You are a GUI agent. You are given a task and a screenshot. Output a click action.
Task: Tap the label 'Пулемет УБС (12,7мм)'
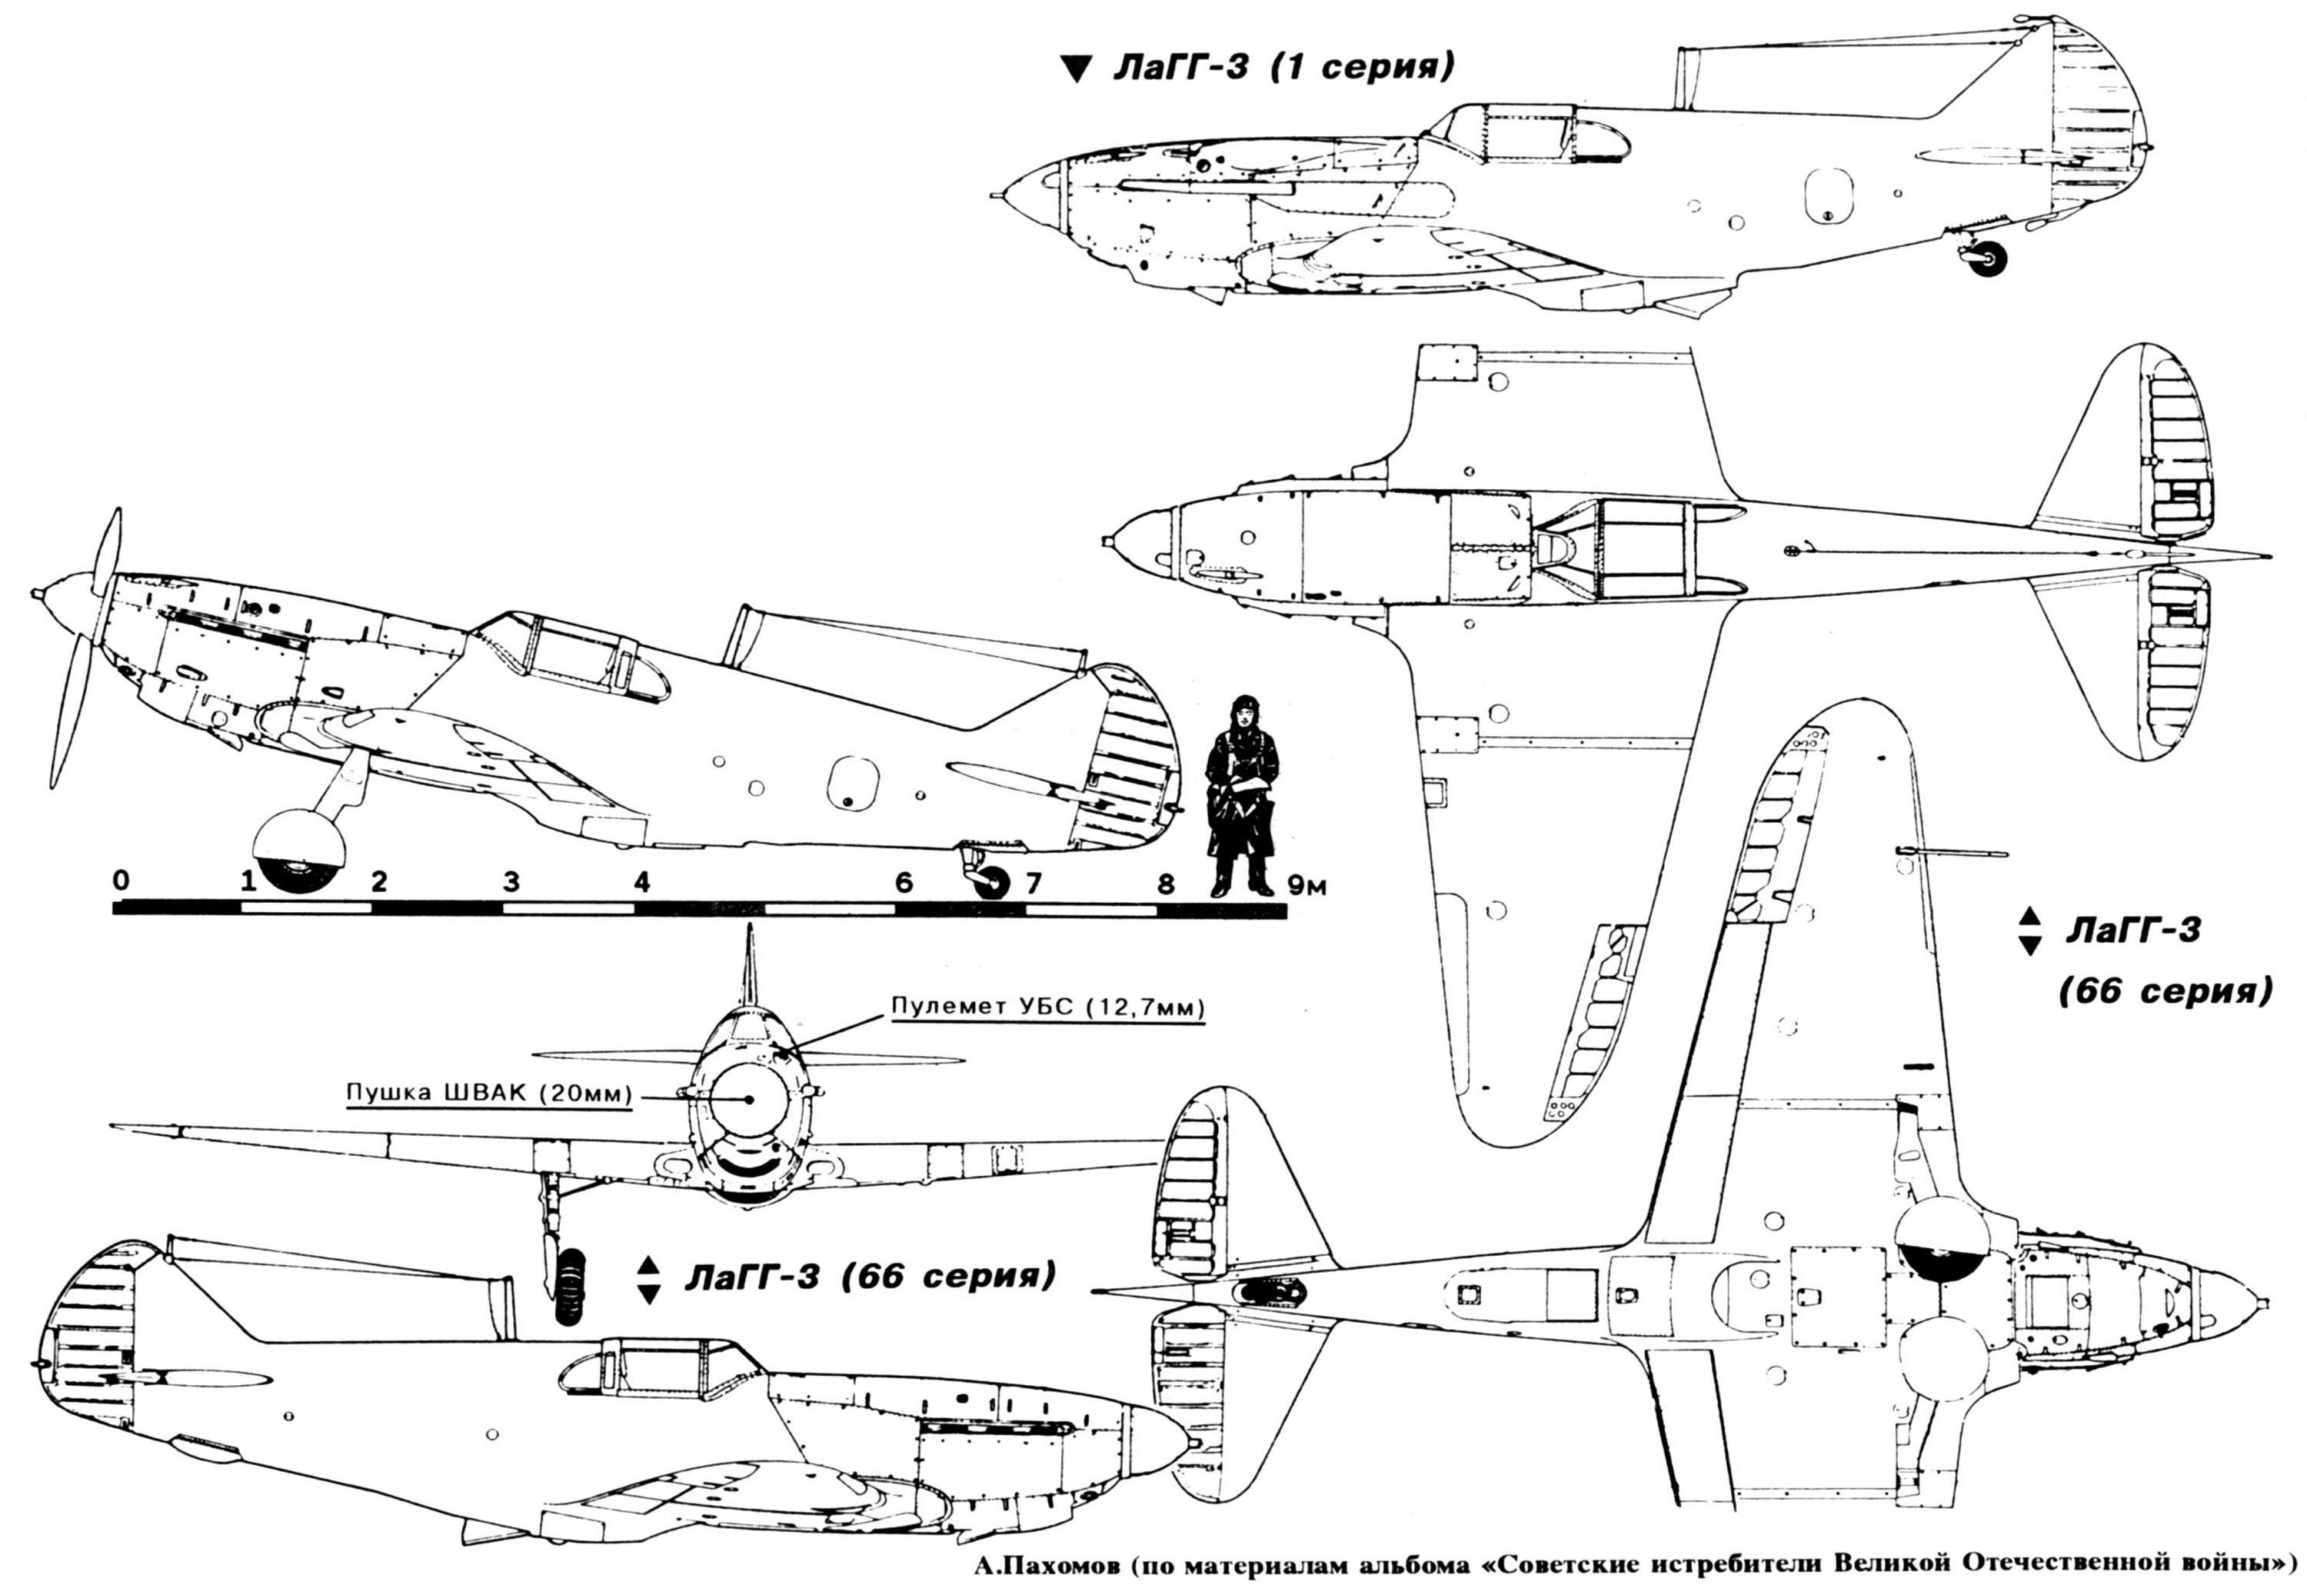pos(1047,1006)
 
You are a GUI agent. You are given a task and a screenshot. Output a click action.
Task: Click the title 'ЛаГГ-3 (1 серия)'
pos(1283,68)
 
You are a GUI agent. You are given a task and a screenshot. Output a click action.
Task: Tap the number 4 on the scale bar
pos(641,881)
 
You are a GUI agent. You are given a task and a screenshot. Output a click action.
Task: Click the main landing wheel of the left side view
pos(299,852)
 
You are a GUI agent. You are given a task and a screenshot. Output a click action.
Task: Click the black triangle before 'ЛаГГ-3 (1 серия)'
pos(1076,68)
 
